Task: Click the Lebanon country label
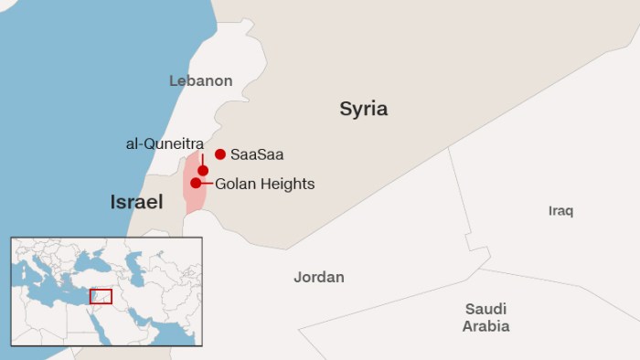point(200,80)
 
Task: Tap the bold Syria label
point(364,110)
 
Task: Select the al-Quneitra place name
point(165,143)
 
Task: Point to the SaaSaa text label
point(257,154)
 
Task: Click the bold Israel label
point(136,202)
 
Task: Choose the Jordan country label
point(318,277)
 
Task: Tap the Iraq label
point(560,211)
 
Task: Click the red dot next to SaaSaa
point(220,154)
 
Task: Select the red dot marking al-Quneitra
point(203,171)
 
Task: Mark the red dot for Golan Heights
point(196,183)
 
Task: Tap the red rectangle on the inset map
point(101,297)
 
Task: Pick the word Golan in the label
point(235,184)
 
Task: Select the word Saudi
point(485,309)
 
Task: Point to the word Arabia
point(485,326)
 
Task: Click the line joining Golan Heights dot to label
point(208,183)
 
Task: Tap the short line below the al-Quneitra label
point(203,160)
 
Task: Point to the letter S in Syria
point(346,110)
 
